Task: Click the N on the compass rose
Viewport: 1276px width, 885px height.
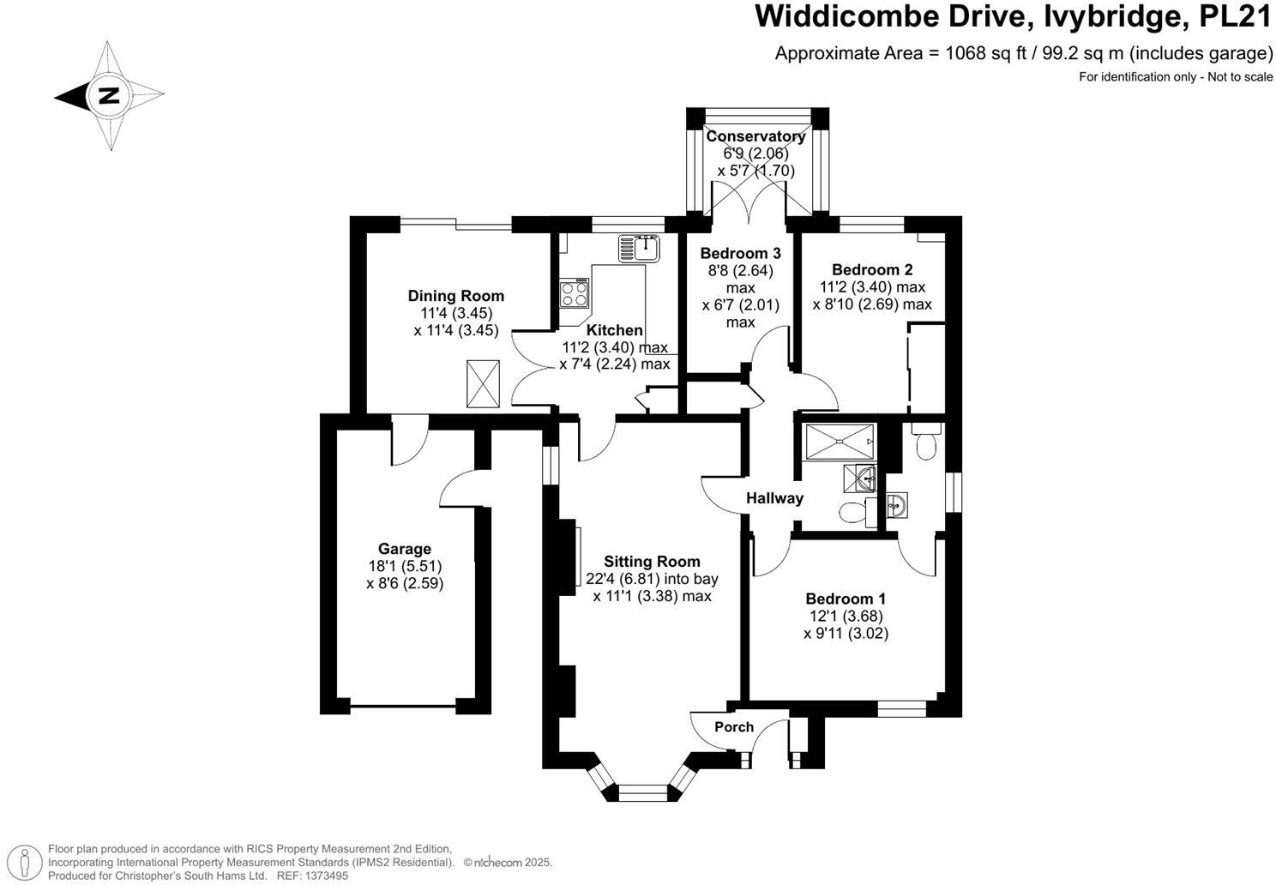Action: (x=109, y=95)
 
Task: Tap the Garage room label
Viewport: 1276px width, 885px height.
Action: (x=405, y=549)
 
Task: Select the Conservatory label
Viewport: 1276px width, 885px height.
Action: (x=755, y=136)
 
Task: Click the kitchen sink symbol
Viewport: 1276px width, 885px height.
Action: (x=639, y=249)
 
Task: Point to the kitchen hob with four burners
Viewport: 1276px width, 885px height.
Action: (x=575, y=293)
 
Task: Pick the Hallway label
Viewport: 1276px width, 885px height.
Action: (x=774, y=498)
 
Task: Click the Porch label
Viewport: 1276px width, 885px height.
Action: (x=734, y=727)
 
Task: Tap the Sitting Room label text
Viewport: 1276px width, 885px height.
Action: (x=652, y=562)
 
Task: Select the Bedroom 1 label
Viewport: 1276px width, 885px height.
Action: (x=846, y=599)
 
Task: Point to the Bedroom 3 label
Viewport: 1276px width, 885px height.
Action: (x=740, y=253)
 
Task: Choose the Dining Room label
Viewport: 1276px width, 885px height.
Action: (x=455, y=296)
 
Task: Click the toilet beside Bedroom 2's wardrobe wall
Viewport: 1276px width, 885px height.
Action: (x=925, y=442)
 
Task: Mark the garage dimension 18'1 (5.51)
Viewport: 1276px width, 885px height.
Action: (x=405, y=566)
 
